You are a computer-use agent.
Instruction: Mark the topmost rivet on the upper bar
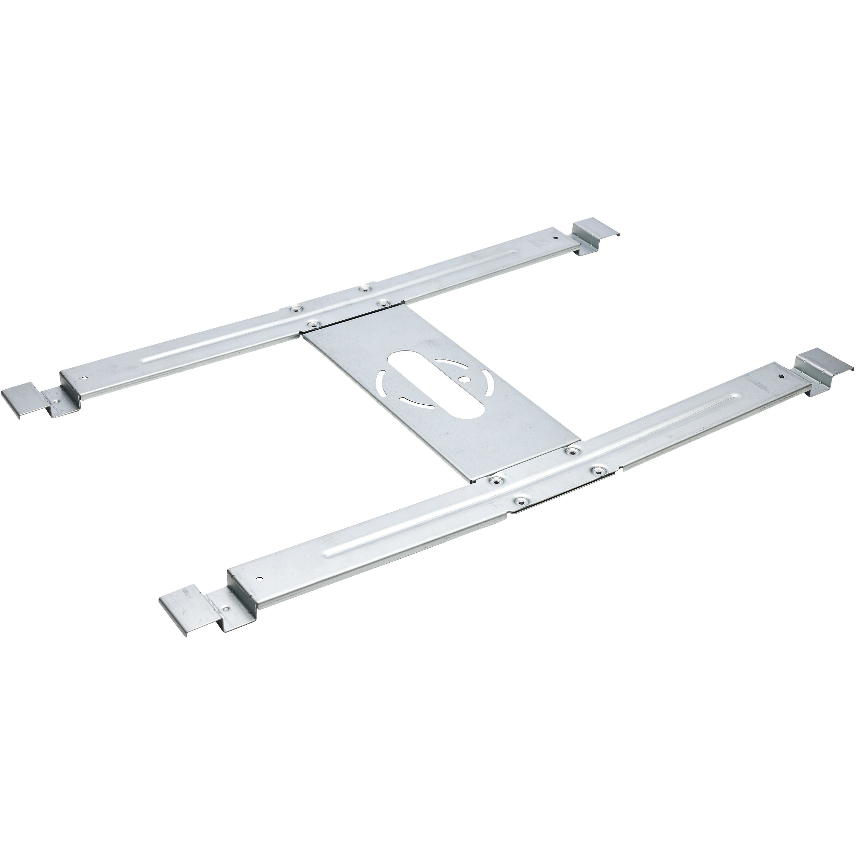click(364, 289)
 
